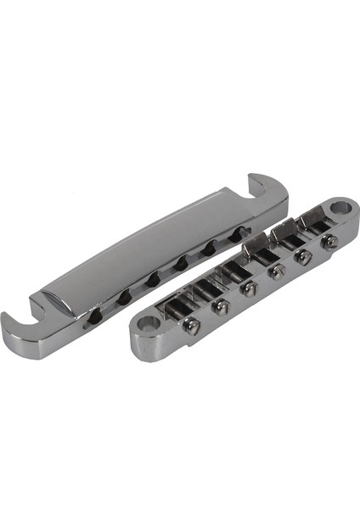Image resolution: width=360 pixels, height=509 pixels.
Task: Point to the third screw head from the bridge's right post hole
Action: click(x=276, y=272)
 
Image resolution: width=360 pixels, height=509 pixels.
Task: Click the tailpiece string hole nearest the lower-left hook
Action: click(x=96, y=315)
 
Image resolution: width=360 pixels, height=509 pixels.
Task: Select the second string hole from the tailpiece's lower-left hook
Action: click(x=125, y=296)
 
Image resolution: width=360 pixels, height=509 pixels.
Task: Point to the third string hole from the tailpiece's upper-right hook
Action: click(x=181, y=264)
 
